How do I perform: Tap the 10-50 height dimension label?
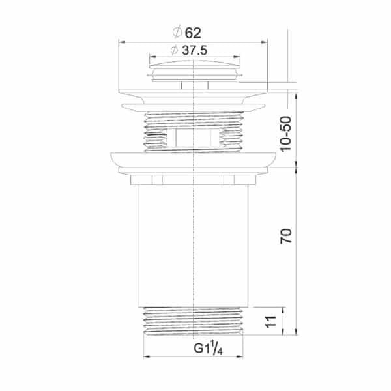286,134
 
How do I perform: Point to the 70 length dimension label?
286,236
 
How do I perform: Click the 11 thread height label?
271,322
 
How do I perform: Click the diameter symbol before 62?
177,33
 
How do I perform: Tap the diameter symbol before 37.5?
175,50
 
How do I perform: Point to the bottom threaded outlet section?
194,321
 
